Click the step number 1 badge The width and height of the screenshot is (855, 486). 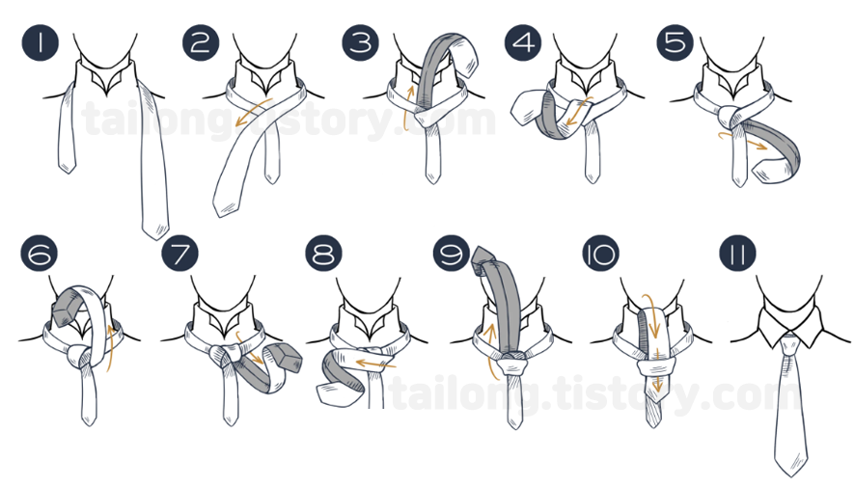[x=41, y=42]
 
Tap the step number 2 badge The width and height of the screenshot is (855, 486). [x=201, y=42]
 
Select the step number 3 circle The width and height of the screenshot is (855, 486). [x=360, y=42]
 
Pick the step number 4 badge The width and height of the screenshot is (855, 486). [x=523, y=42]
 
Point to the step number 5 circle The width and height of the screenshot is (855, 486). [x=676, y=42]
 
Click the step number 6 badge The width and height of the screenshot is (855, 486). [x=40, y=254]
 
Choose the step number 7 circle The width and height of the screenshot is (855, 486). [x=179, y=254]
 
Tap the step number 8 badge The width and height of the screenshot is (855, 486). [x=324, y=254]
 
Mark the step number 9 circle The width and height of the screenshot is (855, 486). [x=452, y=254]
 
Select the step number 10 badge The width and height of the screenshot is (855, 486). [x=601, y=254]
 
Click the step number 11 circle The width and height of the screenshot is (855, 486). [x=738, y=254]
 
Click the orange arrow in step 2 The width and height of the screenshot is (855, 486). [x=255, y=111]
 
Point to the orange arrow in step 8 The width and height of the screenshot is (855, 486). [x=374, y=363]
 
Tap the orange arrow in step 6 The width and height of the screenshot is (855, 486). [x=112, y=349]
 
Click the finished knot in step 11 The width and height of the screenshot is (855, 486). [x=788, y=344]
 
